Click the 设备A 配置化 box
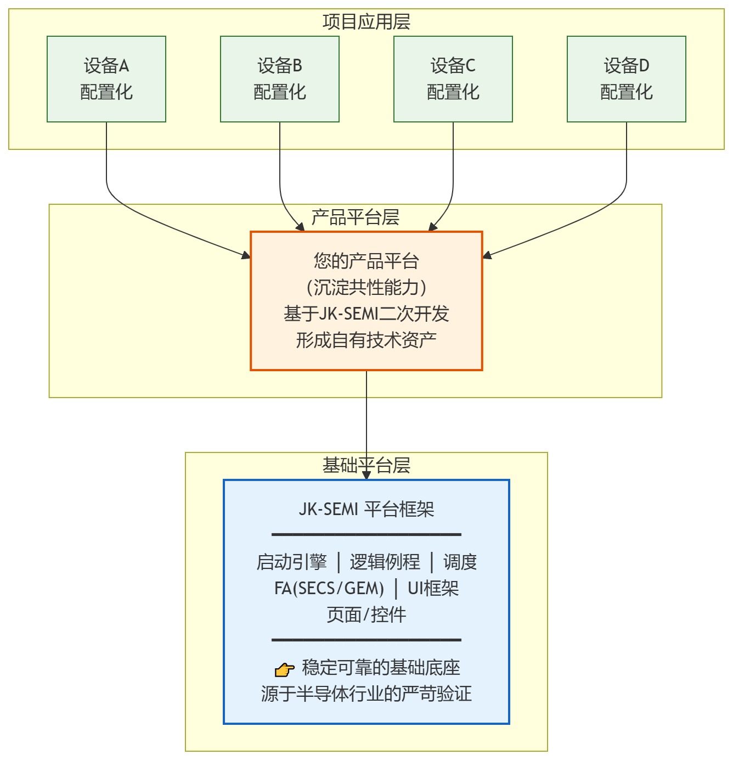point(106,79)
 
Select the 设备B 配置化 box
point(280,79)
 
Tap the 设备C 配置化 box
point(453,79)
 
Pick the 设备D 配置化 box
point(627,79)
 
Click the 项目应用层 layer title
point(366,22)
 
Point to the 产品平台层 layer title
point(356,217)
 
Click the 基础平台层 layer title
point(366,465)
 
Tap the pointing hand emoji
point(284,669)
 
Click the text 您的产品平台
point(366,260)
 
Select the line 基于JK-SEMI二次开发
point(366,314)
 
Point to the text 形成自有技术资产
point(366,340)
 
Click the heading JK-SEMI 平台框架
point(366,509)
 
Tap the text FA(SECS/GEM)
point(329,588)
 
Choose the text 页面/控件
point(366,614)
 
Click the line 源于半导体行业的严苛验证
point(366,694)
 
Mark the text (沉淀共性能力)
point(366,287)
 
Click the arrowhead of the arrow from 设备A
point(246,255)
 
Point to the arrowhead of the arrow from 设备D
point(487,255)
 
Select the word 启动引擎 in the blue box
point(291,562)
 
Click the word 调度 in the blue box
point(460,562)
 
